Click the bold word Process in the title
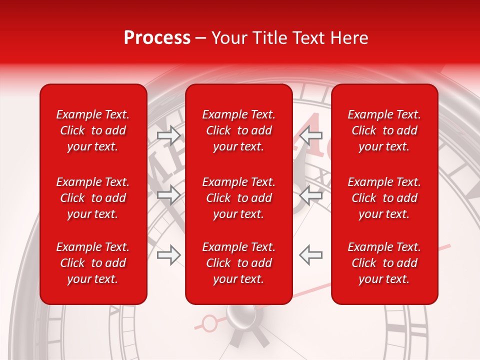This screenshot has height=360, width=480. click(157, 38)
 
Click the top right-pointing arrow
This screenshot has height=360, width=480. click(168, 135)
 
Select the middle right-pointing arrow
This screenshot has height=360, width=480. click(168, 195)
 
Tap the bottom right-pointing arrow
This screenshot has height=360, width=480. click(168, 255)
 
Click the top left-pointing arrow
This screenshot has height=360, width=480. click(311, 135)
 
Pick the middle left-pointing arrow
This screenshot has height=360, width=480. click(311, 195)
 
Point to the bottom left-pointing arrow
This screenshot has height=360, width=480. click(311, 255)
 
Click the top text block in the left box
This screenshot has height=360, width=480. click(93, 130)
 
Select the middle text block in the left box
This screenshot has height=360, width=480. click(93, 198)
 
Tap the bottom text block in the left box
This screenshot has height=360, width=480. click(93, 263)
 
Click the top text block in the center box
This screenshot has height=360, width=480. click(238, 130)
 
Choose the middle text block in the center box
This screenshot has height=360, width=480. click(238, 198)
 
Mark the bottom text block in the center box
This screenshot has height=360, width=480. click(238, 263)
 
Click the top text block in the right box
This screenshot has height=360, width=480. click(384, 130)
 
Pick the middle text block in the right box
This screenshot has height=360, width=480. click(384, 198)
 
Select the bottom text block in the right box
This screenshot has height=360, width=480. click(384, 263)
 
